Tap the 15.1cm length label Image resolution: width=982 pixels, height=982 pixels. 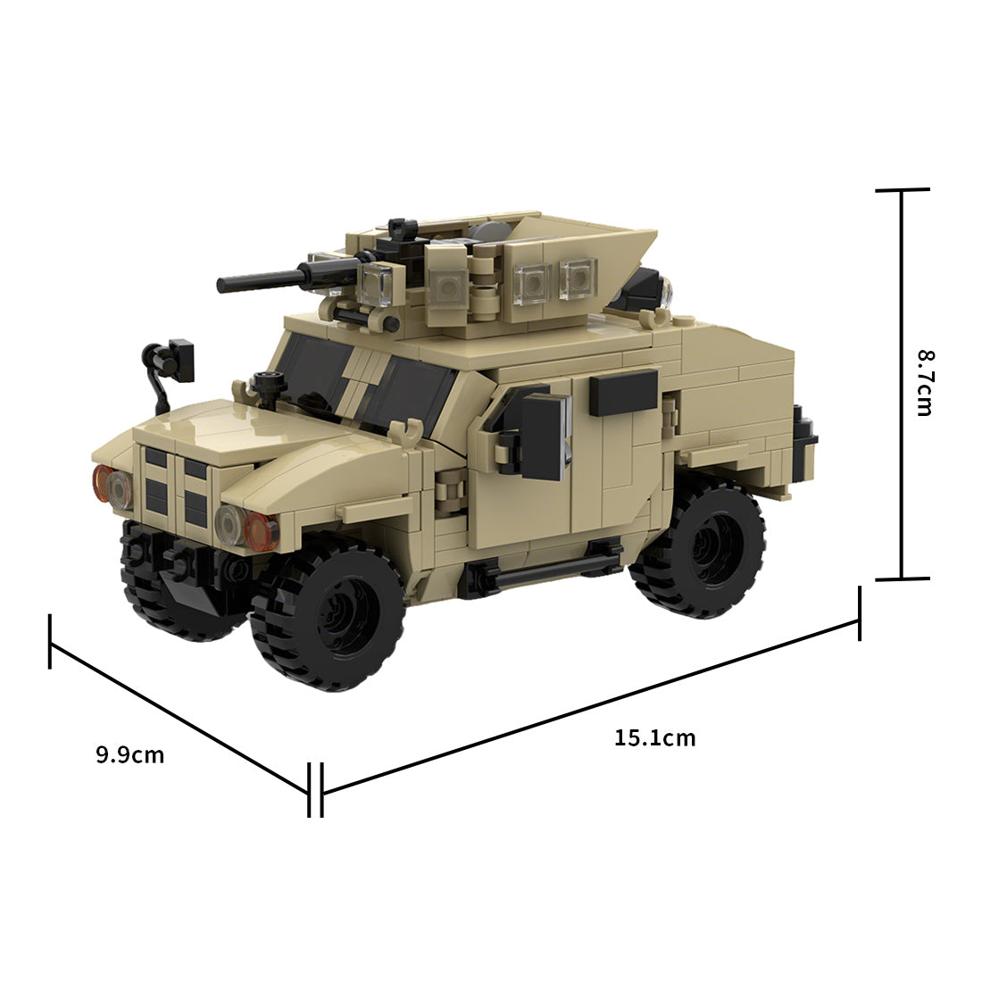pyautogui.click(x=654, y=738)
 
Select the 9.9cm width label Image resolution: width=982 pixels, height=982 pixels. pyautogui.click(x=130, y=755)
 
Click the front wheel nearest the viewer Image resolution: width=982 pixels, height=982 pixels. pyautogui.click(x=326, y=619)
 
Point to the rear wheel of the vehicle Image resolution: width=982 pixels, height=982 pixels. pyautogui.click(x=698, y=549)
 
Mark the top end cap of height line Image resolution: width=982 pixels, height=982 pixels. pyautogui.click(x=902, y=190)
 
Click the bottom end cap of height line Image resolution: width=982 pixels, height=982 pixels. pyautogui.click(x=902, y=578)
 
